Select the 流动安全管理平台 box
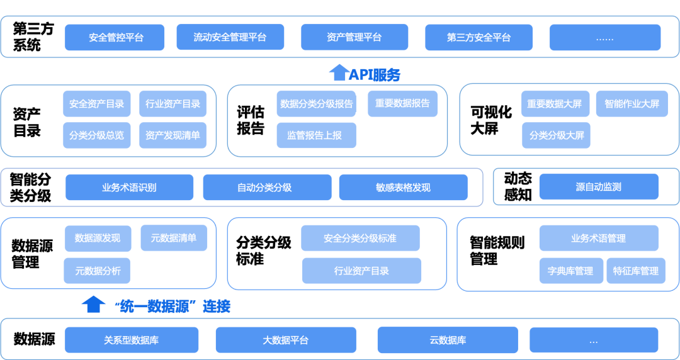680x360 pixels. click(230, 38)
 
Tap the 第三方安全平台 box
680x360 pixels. click(479, 38)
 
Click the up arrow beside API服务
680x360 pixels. click(339, 73)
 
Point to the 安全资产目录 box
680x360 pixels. click(96, 104)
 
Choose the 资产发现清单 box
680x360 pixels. click(173, 135)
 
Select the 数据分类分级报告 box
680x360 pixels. click(316, 104)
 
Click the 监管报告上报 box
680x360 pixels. click(316, 135)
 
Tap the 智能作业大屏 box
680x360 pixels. click(632, 104)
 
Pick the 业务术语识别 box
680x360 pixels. click(129, 188)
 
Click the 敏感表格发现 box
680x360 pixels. click(403, 188)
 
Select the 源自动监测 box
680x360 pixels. click(598, 187)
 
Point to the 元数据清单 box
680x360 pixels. click(173, 238)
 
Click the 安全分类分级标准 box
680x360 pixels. click(360, 239)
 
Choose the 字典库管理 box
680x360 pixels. click(570, 271)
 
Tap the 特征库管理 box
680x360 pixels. click(635, 271)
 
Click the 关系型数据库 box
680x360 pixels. click(131, 340)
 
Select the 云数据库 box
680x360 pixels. click(448, 340)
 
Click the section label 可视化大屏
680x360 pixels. click(491, 120)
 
